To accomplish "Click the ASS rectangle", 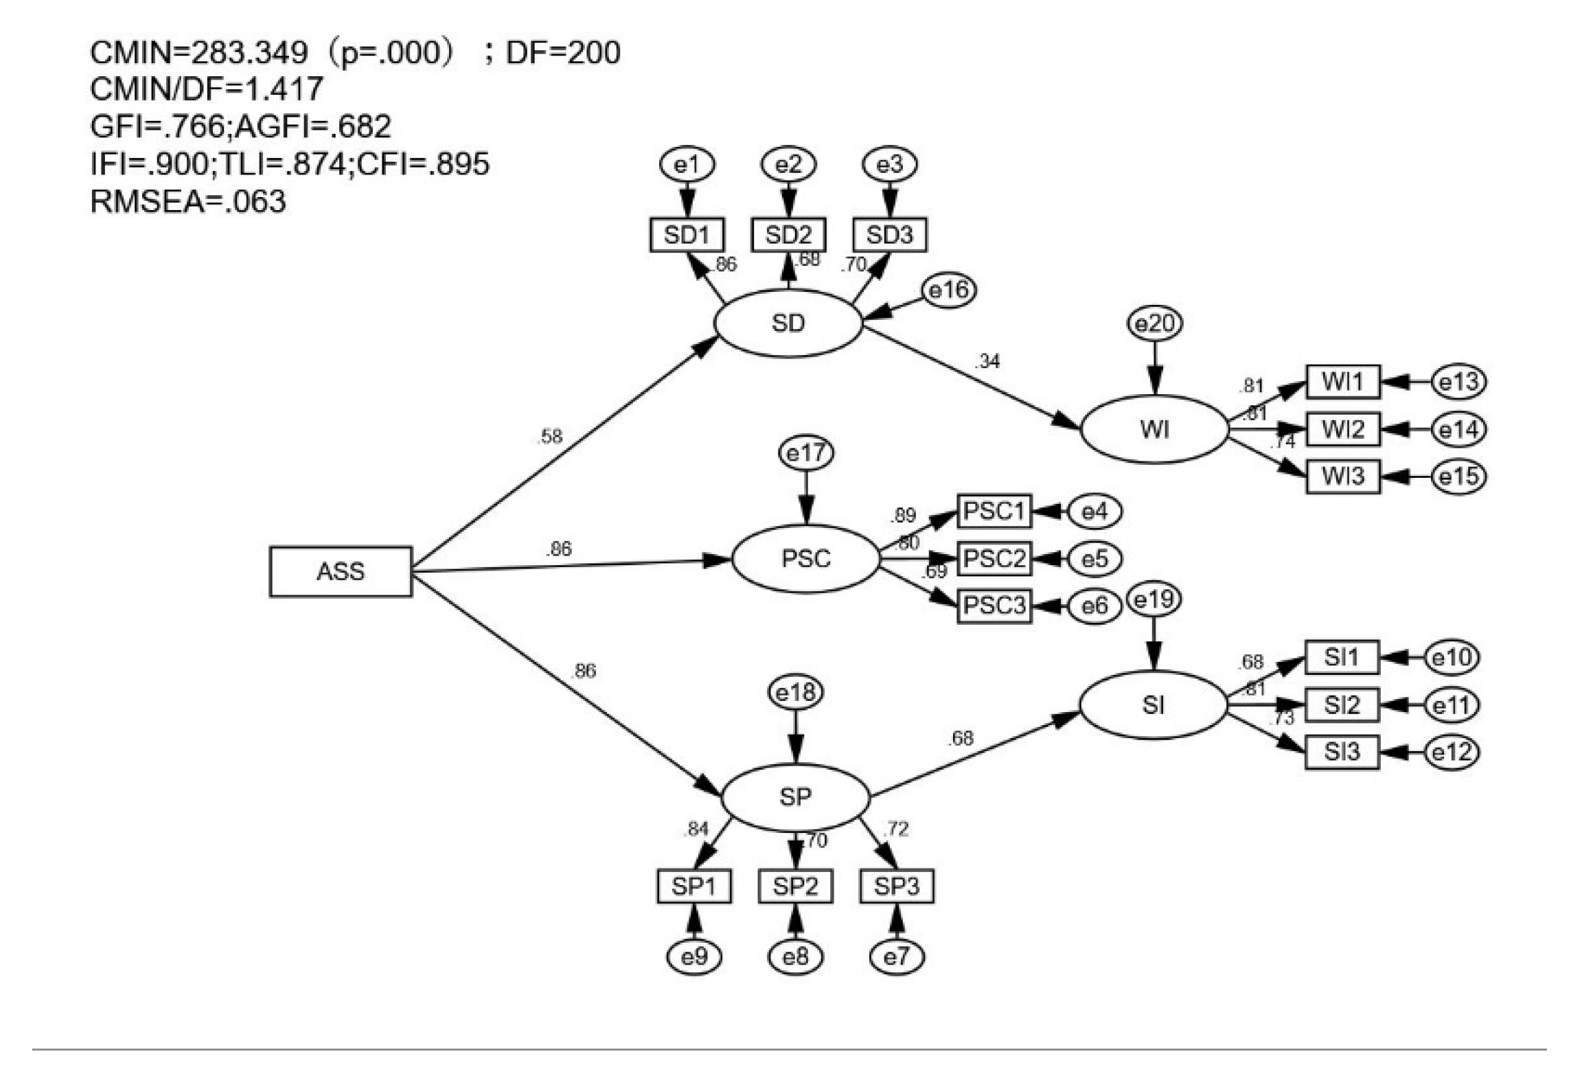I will tap(341, 571).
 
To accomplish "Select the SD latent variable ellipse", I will tap(788, 323).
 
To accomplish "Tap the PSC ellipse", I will tap(805, 558).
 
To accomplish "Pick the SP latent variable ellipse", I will tap(795, 796).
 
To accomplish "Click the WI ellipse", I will tap(1154, 429).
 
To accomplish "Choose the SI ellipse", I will tap(1153, 704).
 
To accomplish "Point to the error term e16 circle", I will tap(948, 290).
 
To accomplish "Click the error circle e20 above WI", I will tap(1155, 323).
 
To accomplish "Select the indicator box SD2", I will tap(788, 235).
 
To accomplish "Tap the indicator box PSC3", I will tap(994, 606).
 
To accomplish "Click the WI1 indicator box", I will tap(1342, 382).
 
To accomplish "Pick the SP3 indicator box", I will tap(896, 886).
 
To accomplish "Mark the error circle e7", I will tap(896, 956).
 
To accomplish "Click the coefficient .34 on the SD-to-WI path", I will tap(987, 361).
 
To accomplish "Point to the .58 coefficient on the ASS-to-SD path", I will tap(549, 436).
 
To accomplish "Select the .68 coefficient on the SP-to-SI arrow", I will tap(961, 738).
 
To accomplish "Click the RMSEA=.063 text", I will tap(187, 201).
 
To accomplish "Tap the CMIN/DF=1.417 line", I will tap(206, 89).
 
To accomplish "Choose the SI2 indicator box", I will tap(1341, 705).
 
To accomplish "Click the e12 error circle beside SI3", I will tap(1452, 752).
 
